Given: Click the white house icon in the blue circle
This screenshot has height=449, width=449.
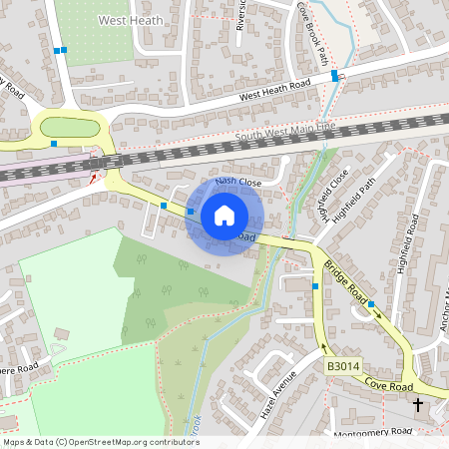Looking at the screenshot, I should click(224, 215).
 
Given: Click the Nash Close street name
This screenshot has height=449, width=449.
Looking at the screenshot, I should click(238, 183).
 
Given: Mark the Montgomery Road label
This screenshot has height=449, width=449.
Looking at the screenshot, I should click(375, 431).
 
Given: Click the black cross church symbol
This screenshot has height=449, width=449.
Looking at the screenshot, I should click(417, 404).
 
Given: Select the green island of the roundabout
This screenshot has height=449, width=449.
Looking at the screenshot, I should click(69, 127).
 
